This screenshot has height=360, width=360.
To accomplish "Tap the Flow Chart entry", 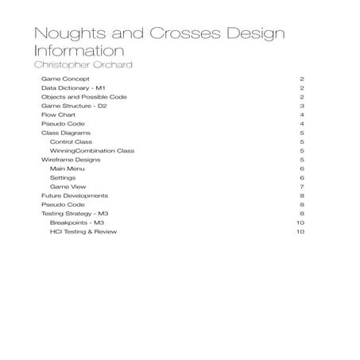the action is [x=59, y=115].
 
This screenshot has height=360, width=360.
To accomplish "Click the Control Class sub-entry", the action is [x=71, y=141].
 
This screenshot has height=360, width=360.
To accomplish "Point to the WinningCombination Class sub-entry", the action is [x=92, y=150].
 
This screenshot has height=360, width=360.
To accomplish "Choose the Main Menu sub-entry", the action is [x=67, y=168].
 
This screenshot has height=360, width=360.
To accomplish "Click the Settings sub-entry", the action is [x=63, y=177].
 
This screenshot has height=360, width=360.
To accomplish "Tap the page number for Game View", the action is [x=302, y=187].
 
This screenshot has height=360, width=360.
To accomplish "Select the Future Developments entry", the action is [x=75, y=195].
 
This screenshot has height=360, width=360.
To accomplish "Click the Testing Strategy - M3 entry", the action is [x=74, y=214].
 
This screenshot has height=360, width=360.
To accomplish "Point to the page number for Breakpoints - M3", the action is [x=300, y=223].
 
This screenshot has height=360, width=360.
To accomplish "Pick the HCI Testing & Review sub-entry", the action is [x=87, y=232].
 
